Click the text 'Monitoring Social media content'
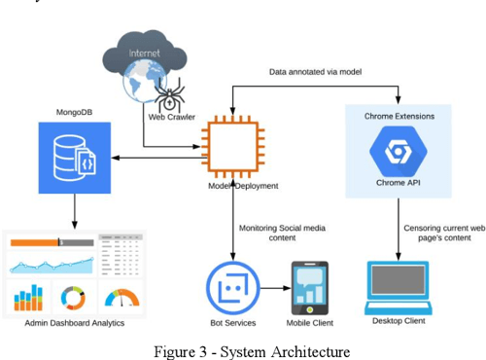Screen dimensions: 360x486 [281, 234]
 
